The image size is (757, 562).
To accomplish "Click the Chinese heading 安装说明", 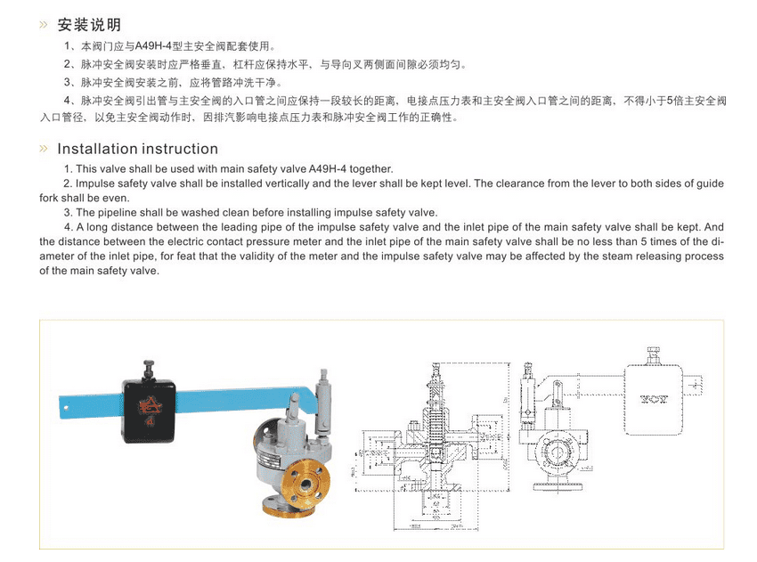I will pyautogui.click(x=89, y=24).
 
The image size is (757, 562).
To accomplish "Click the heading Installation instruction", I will pyautogui.click(x=137, y=149).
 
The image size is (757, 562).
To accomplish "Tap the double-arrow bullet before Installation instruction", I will pyautogui.click(x=44, y=149).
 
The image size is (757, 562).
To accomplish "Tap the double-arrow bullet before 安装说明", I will pyautogui.click(x=44, y=24).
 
